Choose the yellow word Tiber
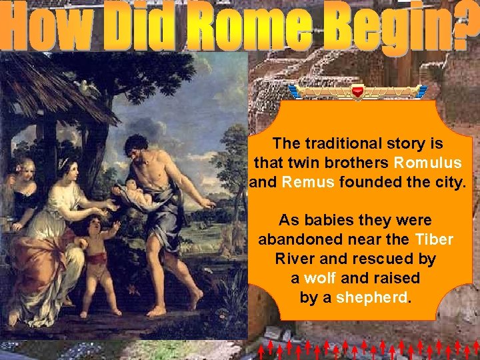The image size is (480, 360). pos(434,239)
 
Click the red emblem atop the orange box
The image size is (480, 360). pos(359,91)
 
